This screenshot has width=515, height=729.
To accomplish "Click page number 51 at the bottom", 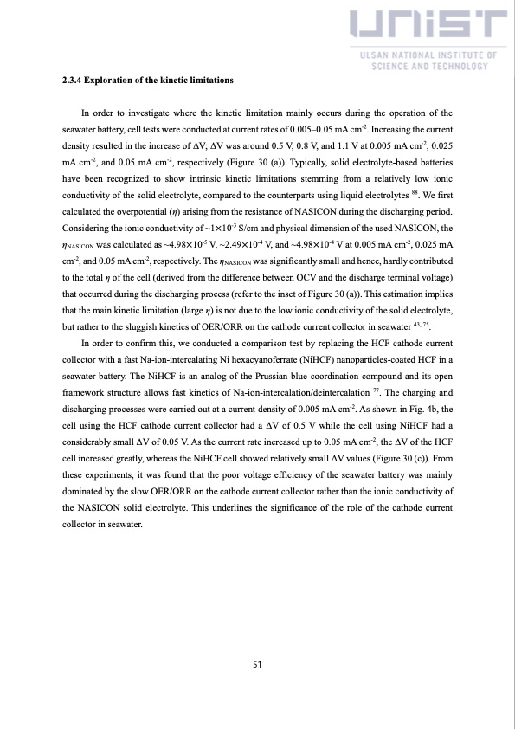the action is (257, 665).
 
